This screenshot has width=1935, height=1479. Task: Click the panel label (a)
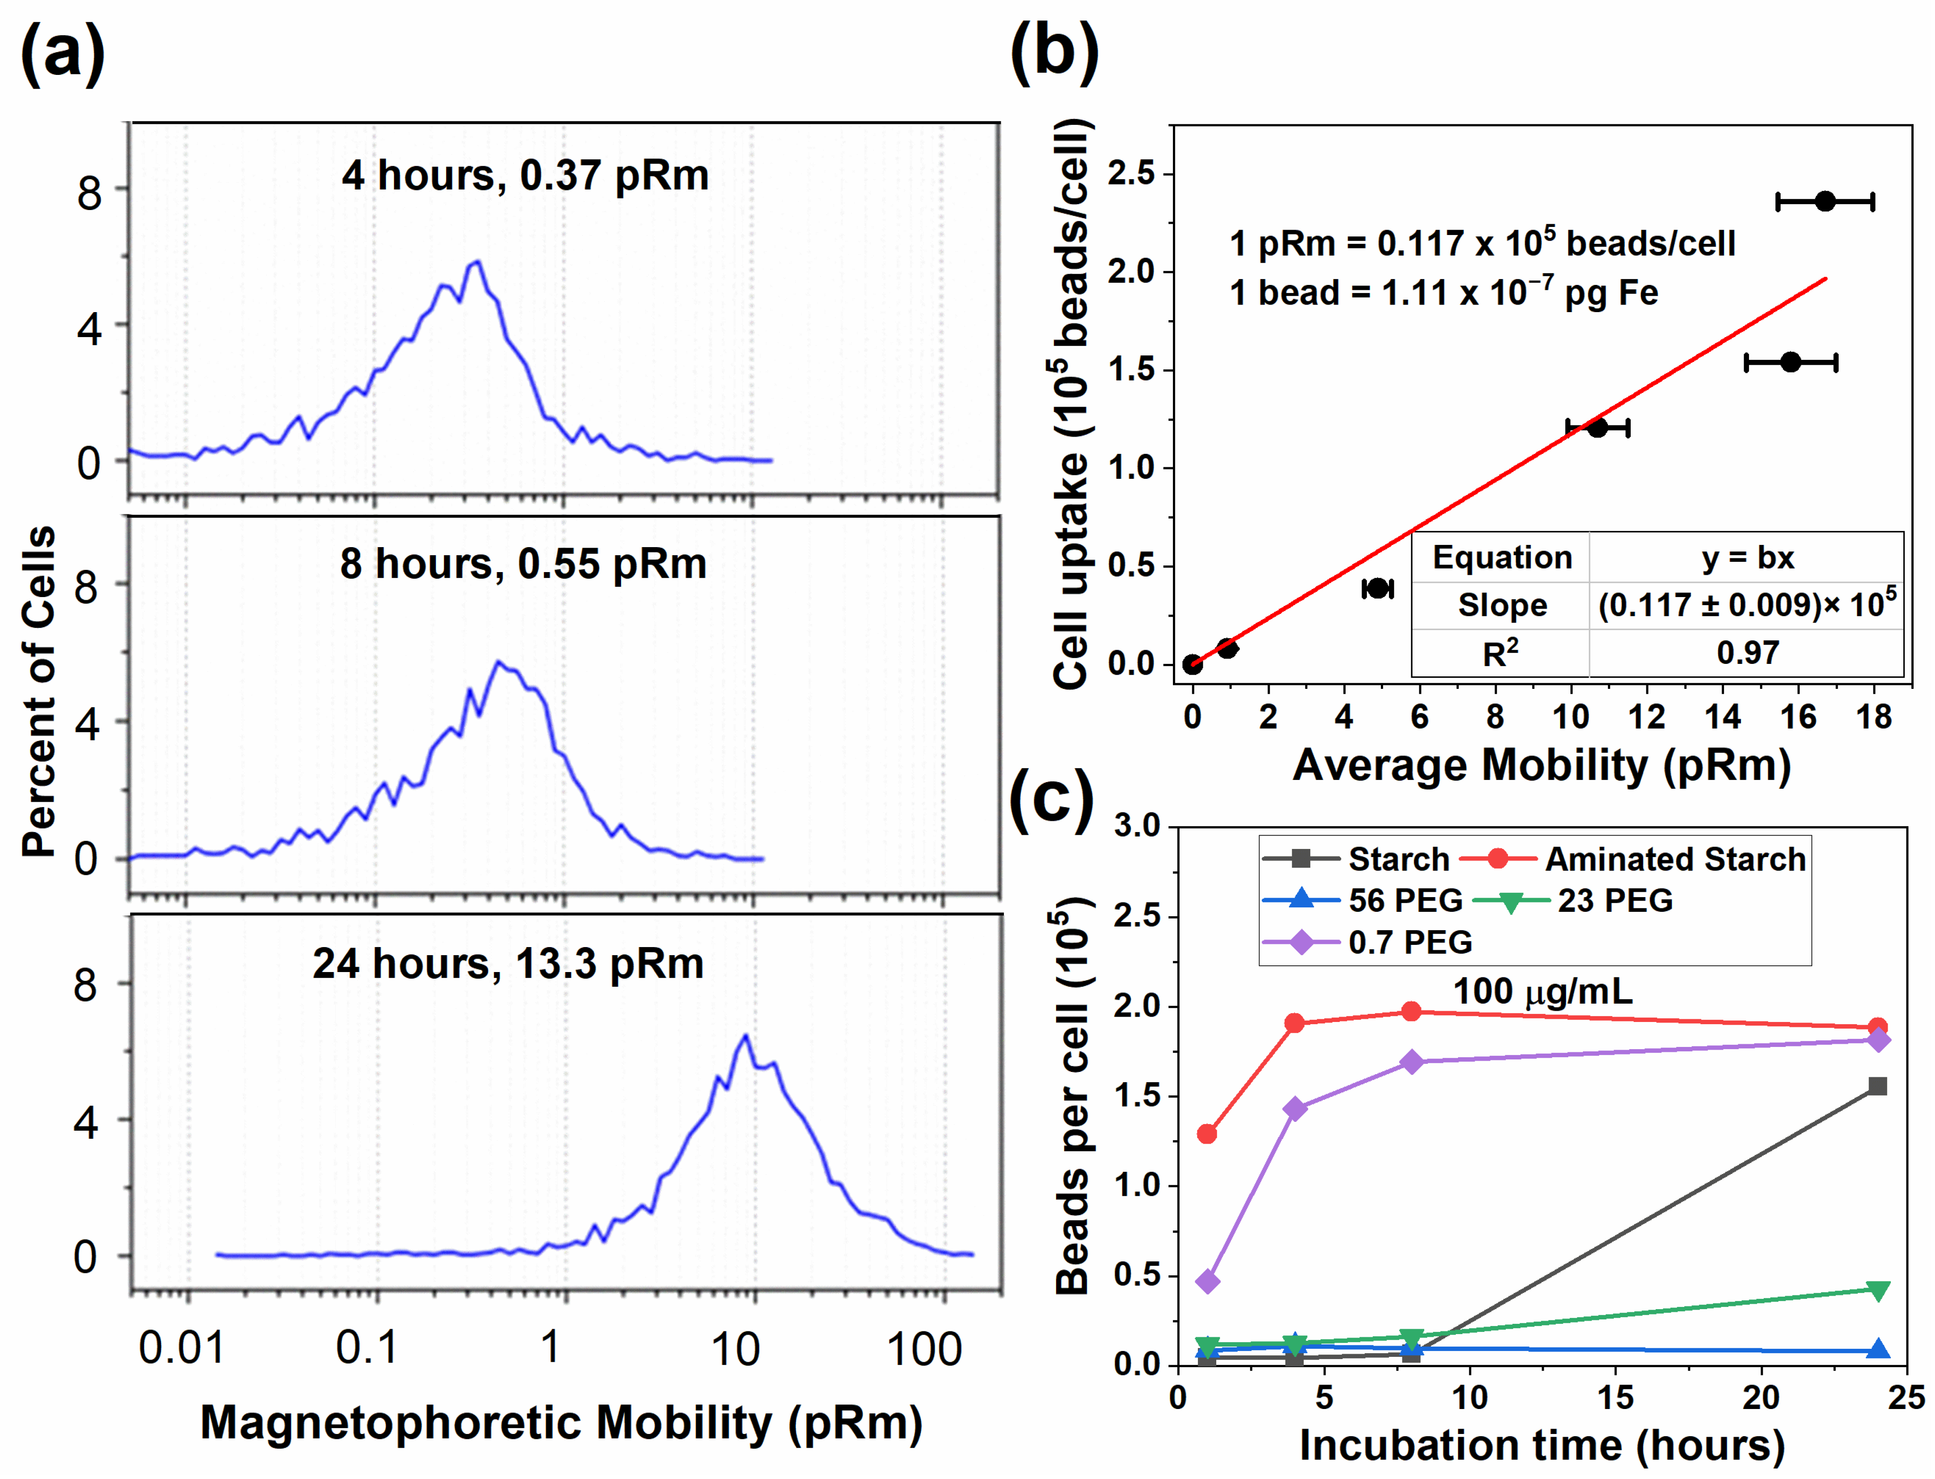click(x=62, y=54)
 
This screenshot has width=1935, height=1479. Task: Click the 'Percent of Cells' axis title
click(x=40, y=691)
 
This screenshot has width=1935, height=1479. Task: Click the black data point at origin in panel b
click(x=1193, y=664)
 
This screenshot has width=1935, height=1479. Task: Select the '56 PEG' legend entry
click(x=1405, y=900)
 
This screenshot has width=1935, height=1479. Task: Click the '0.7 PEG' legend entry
click(x=1409, y=942)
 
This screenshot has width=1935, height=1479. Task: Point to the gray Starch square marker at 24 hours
click(x=1878, y=1086)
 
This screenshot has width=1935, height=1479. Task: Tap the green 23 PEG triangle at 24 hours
click(x=1878, y=1290)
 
